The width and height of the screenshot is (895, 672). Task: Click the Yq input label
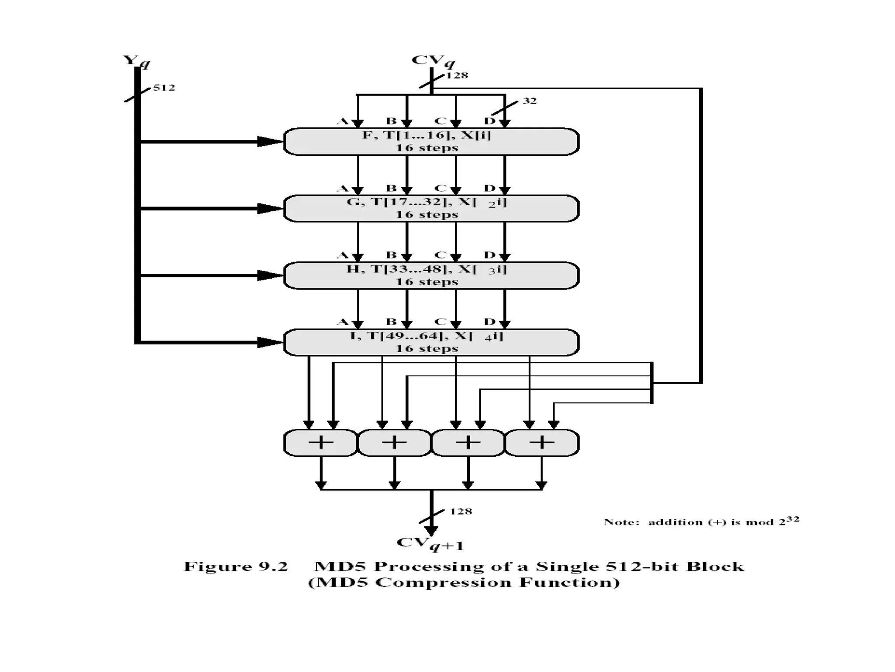[x=136, y=61]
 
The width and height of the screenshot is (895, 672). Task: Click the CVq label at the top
[x=432, y=61]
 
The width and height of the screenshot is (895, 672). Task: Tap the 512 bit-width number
[x=164, y=87]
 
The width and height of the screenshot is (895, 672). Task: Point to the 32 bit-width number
[x=530, y=101]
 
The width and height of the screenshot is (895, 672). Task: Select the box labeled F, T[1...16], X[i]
[x=431, y=141]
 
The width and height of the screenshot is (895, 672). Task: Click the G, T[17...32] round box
[x=431, y=208]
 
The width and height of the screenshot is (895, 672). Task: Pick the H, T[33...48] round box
[x=431, y=275]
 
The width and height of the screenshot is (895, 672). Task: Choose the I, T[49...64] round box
[x=431, y=342]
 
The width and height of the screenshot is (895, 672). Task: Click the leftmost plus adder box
[x=321, y=443]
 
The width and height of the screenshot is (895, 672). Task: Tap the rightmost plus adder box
[x=542, y=443]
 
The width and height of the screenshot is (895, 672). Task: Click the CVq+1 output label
[x=430, y=544]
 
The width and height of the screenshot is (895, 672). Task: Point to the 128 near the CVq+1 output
[x=461, y=511]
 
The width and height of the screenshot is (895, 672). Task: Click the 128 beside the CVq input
[x=457, y=75]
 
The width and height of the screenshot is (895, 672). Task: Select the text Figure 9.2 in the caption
[x=236, y=567]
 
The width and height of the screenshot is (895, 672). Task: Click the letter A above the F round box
[x=343, y=121]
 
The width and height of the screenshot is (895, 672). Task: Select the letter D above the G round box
[x=489, y=189]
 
